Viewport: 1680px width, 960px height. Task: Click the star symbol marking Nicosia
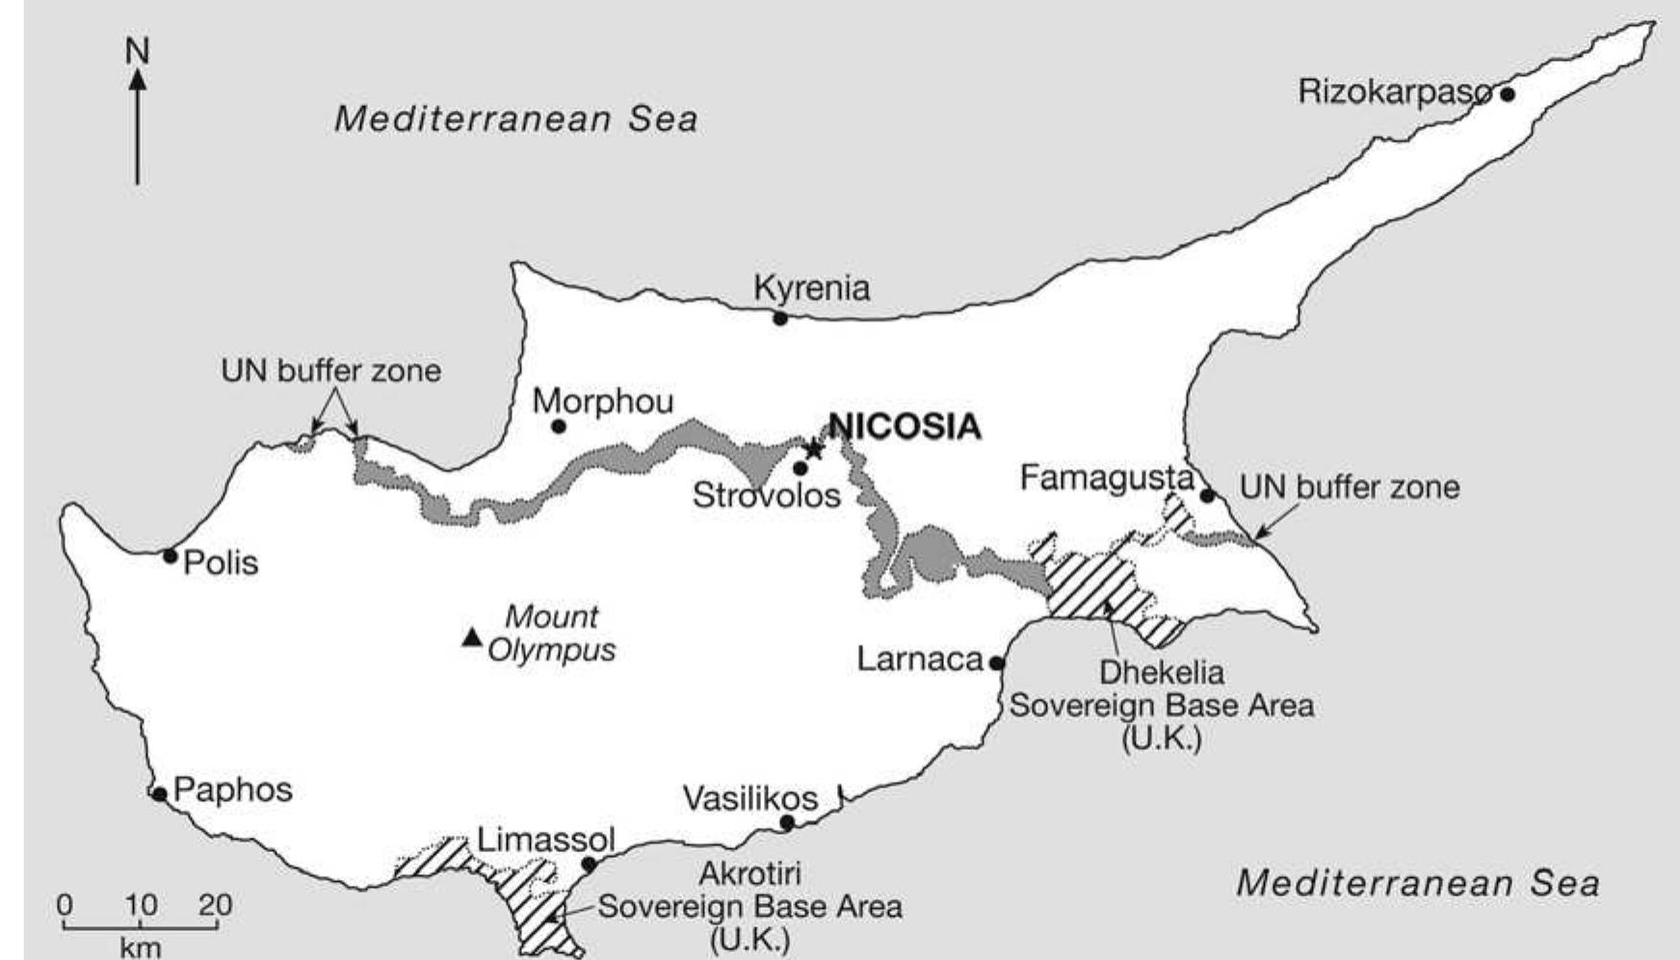coord(814,449)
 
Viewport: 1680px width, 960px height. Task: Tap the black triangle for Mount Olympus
coord(471,636)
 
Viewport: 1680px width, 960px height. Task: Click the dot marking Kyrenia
coord(780,318)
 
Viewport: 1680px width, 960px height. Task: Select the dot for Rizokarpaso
coord(1508,94)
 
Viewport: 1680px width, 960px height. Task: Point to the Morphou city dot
coord(558,426)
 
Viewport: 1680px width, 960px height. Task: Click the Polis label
coord(221,562)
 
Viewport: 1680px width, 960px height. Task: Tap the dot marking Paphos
coord(160,794)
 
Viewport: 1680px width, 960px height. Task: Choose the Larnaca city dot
coord(997,662)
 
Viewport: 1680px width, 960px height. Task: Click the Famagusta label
coord(1106,478)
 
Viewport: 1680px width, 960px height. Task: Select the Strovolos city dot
coord(800,468)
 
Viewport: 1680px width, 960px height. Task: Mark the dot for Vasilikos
coord(787,823)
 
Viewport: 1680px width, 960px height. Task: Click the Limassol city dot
coord(589,864)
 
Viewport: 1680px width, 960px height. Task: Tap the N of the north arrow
coord(138,50)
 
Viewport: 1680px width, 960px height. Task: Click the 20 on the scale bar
coord(215,905)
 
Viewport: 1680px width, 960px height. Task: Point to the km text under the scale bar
coord(141,947)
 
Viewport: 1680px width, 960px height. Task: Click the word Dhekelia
coord(1162,671)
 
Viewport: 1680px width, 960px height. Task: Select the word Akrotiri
coord(749,873)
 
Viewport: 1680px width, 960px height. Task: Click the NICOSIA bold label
coord(905,427)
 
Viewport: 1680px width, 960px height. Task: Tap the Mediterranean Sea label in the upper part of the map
coord(515,119)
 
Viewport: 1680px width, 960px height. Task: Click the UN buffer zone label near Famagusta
coord(1349,487)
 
